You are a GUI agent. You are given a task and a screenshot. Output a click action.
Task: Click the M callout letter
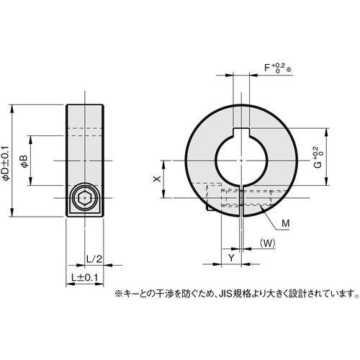point(285,225)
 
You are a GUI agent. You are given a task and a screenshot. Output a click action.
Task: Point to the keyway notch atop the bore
point(240,130)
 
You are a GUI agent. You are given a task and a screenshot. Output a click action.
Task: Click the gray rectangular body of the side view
point(84,144)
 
